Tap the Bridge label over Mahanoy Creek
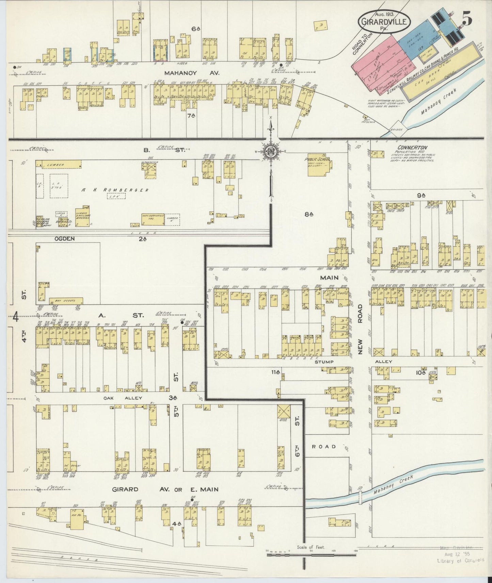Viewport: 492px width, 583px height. tap(397, 130)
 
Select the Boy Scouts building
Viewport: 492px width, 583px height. tap(66, 301)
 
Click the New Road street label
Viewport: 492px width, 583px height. tap(362, 329)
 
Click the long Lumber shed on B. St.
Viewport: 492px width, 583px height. tap(59, 164)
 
